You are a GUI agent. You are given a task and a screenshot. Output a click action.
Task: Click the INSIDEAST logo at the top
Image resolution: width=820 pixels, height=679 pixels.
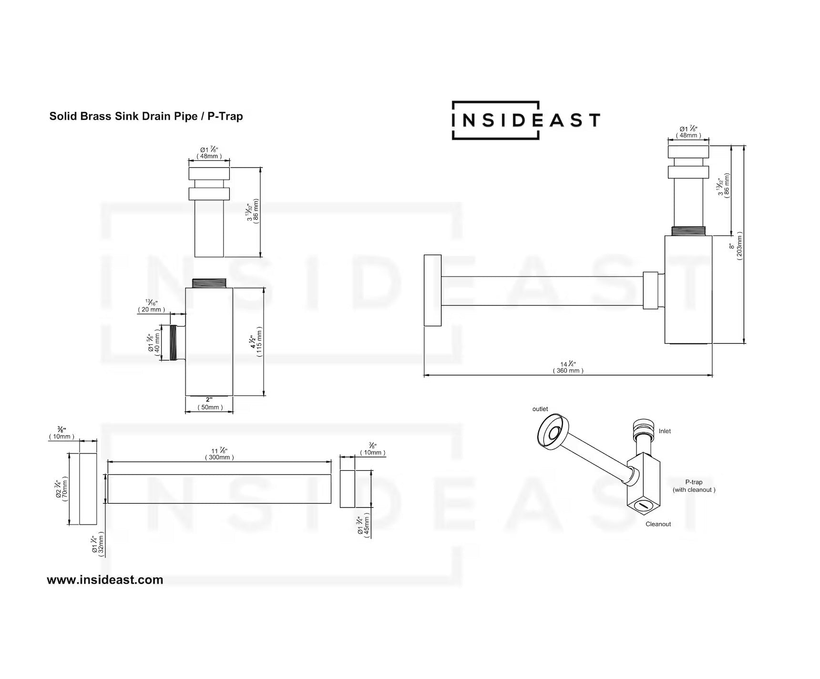point(525,120)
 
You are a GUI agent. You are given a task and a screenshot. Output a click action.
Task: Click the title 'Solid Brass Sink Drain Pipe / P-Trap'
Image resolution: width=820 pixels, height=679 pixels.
point(146,116)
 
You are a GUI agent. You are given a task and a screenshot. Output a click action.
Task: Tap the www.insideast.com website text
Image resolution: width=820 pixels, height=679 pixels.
point(105,580)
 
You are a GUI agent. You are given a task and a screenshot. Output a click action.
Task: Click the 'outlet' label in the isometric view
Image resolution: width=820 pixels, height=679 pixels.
point(540,409)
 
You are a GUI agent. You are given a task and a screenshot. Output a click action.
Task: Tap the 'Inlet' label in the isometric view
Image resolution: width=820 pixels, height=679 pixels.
point(665,431)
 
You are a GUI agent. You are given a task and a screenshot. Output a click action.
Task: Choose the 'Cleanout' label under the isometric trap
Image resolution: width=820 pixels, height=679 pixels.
point(658,524)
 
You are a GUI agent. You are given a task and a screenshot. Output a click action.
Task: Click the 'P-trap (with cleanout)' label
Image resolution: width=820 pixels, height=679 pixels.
point(694,486)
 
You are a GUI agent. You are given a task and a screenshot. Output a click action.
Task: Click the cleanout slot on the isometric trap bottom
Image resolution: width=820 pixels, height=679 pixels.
point(643,505)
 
